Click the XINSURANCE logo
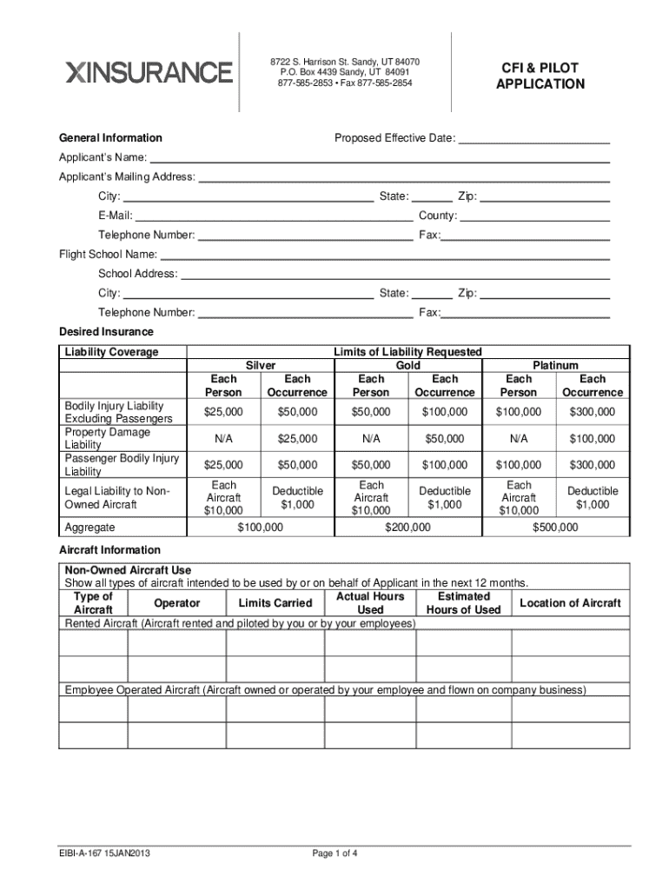(149, 72)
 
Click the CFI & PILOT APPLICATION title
(540, 76)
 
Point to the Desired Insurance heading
(106, 332)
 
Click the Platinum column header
(555, 366)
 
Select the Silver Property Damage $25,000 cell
(297, 439)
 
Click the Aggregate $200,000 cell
(407, 528)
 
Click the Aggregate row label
(90, 528)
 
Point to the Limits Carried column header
(275, 603)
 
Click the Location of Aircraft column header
(570, 603)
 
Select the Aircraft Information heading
(109, 550)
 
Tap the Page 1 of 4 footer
(334, 853)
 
